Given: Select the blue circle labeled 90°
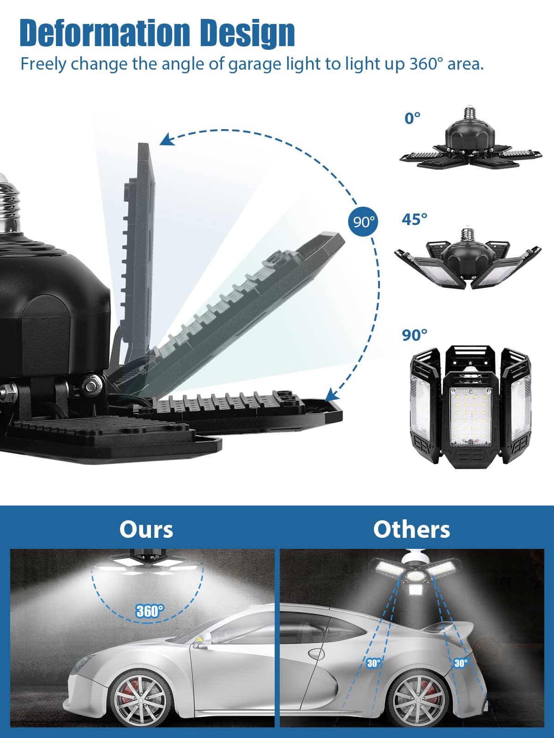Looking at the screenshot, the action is [363, 221].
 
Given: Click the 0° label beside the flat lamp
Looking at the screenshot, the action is [412, 119].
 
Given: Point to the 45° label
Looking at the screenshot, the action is [415, 219].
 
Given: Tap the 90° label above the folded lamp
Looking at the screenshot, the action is [415, 335].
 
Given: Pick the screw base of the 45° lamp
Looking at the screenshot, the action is [467, 236].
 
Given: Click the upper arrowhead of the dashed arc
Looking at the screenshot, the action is [166, 140].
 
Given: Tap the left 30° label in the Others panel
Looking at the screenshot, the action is [373, 663].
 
